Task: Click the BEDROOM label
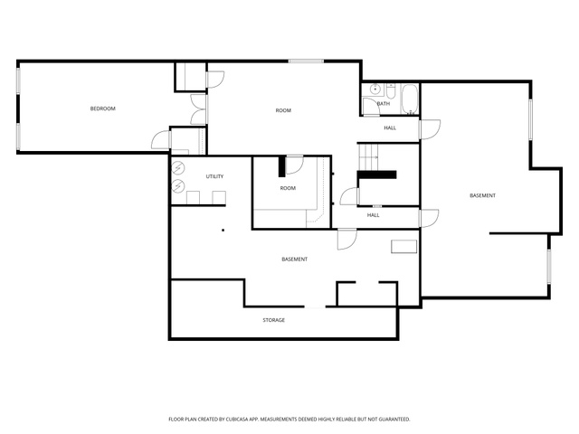[x=102, y=108]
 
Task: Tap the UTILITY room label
[x=214, y=176]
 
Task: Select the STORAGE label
[x=273, y=320]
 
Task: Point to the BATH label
[x=384, y=104]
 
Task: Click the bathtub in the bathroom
[x=409, y=99]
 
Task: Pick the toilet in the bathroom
[x=391, y=91]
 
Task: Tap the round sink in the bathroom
[x=375, y=90]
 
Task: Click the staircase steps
[x=369, y=156]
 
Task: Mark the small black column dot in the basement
[x=223, y=231]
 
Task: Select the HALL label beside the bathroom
[x=390, y=128]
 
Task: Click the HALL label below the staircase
[x=373, y=215]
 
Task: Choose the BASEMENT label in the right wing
[x=482, y=195]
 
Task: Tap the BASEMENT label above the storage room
[x=294, y=259]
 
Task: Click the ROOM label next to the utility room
[x=288, y=188]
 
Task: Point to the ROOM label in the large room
[x=283, y=110]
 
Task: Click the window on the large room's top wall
[x=306, y=61]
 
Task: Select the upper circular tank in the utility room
[x=178, y=168]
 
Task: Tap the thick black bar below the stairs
[x=376, y=175]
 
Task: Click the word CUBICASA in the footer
[x=242, y=420]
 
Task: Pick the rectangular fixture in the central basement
[x=404, y=247]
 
